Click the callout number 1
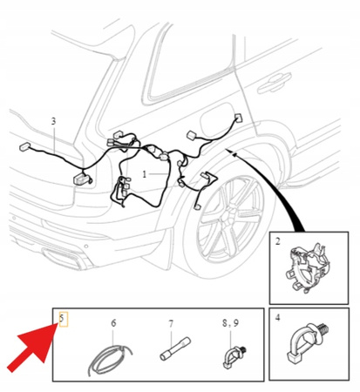coord(145,174)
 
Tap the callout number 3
coord(53,121)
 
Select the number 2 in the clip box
coord(278,241)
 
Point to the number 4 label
coord(277,317)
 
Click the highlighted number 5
coord(62,318)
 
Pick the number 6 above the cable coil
coord(113,323)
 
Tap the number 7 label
coord(171,324)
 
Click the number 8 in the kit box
coord(225,323)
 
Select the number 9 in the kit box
coord(236,323)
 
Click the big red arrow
coord(32,348)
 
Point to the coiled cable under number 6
coord(110,360)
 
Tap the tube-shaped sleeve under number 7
coord(175,348)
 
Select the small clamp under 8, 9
coord(234,356)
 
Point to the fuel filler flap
coord(216,118)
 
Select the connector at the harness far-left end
coord(24,146)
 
